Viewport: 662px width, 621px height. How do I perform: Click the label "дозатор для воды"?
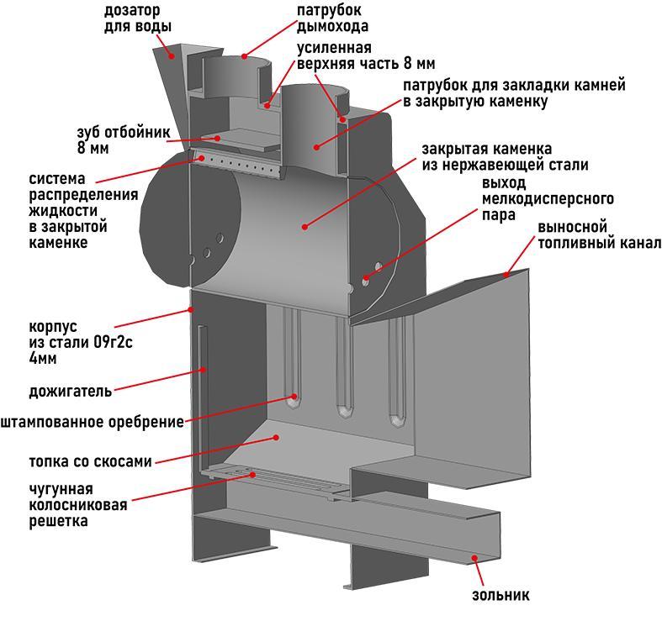coord(137,18)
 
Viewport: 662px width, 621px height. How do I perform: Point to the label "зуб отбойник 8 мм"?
coord(123,140)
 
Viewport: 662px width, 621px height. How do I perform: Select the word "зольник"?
coord(500,595)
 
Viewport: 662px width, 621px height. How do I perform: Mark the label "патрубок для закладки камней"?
coord(514,93)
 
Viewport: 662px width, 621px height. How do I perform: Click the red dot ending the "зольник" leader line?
coord(475,557)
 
